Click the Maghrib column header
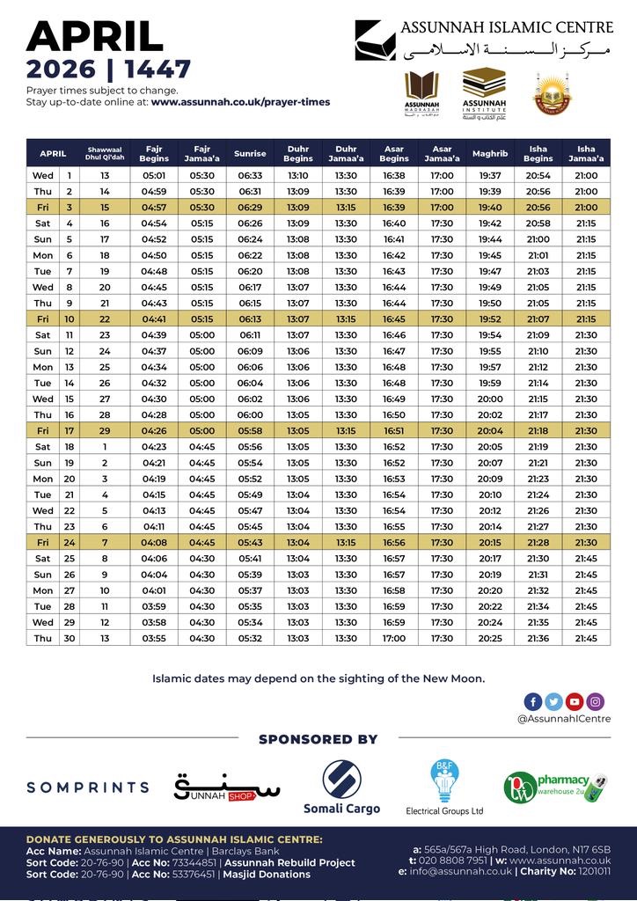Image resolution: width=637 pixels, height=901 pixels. [x=490, y=154]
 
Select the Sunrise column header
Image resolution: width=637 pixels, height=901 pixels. [x=250, y=154]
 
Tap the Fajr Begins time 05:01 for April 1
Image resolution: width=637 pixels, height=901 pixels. [x=154, y=176]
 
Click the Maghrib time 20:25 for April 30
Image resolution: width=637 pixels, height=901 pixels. [x=490, y=638]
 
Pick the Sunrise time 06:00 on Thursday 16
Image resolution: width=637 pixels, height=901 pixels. [x=250, y=414]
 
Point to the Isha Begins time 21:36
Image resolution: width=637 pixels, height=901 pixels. [x=538, y=638]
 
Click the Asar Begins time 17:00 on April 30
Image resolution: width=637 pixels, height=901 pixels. [x=394, y=638]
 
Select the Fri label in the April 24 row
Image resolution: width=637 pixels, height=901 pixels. [x=43, y=542]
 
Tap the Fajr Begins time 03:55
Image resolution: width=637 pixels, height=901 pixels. [x=154, y=638]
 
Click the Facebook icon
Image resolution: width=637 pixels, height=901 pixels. [x=532, y=701]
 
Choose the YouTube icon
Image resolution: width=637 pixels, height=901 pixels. [x=575, y=701]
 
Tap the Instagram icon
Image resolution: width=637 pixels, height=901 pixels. [x=596, y=701]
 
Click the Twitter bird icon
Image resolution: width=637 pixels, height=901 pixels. [x=553, y=701]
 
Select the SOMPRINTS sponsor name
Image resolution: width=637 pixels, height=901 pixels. [x=88, y=787]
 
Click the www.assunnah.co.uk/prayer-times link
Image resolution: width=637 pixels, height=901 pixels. [x=240, y=102]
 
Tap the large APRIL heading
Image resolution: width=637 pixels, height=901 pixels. [x=95, y=37]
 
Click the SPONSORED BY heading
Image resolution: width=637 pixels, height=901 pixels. [x=318, y=739]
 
